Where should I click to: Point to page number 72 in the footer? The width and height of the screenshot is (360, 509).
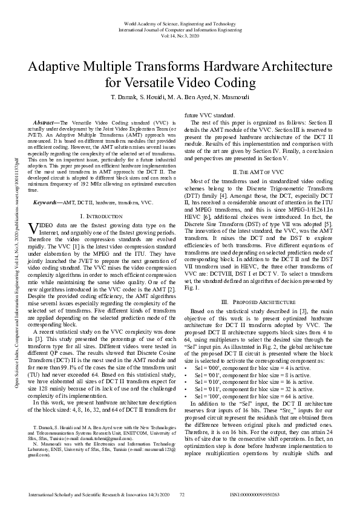(x=181, y=494)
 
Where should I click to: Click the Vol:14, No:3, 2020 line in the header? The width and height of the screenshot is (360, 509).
(x=180, y=35)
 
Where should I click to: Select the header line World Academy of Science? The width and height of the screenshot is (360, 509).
(x=180, y=23)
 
